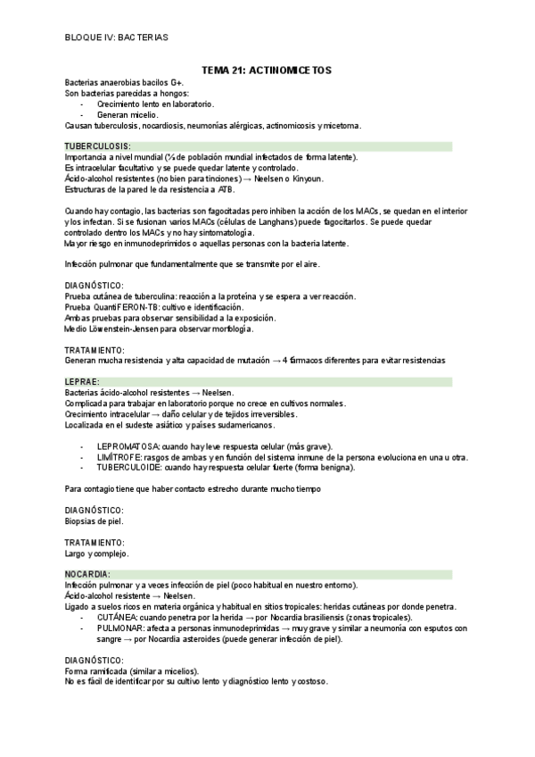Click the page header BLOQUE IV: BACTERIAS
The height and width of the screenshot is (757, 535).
116,37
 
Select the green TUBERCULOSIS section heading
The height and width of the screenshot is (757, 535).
97,146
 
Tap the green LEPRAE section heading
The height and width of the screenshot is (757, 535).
83,381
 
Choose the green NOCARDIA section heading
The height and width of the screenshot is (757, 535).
87,573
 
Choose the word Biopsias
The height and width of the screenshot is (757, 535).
83,521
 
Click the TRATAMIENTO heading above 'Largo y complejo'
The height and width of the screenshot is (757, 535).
95,543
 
